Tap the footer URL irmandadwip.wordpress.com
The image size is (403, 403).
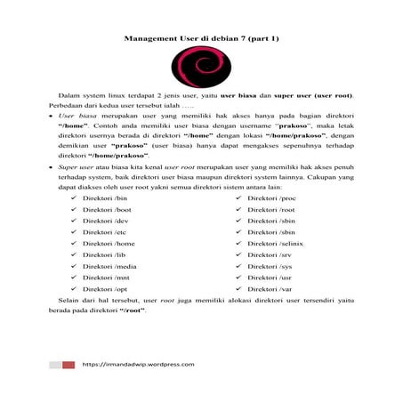(x=138, y=364)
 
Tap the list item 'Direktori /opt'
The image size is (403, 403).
(x=106, y=289)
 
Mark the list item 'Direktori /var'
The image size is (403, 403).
(x=270, y=289)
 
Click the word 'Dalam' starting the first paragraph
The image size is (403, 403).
(x=70, y=93)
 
